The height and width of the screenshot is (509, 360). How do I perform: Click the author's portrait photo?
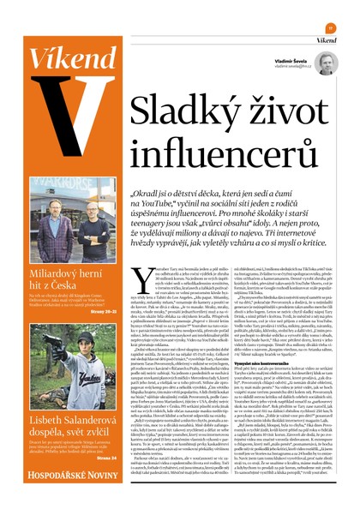click(326, 64)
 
